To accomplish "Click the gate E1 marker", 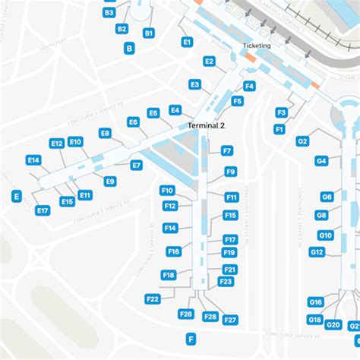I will pos(187,43).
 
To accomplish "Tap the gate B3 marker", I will pos(109,13).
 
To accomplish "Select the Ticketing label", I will pos(256,46).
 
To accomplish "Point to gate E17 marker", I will pos(43,210).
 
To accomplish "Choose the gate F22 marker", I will pos(152,299).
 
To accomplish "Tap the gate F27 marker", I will pos(231,320).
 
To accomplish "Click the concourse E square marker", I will pos(16,196).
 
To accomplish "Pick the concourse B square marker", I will pos(129,48).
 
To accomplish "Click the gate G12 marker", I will pos(317,251).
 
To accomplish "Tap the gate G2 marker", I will pos(302,141).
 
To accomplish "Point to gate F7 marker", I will pos(227,151).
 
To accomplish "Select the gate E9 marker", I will pos(110,181).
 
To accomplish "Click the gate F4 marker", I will pos(249,86).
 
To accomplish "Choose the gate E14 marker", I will pos(33,160).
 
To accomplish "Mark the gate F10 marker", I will pos(167,191).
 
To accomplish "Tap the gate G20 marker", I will pos(333,325).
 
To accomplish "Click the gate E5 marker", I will pos(153,113).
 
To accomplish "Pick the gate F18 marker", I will pos(169,275).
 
